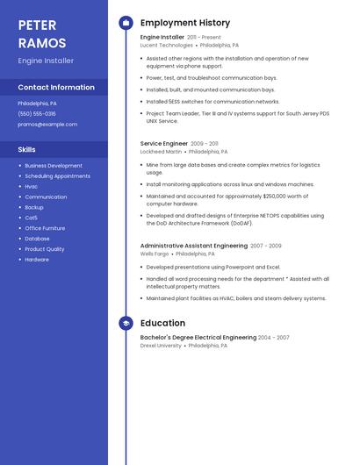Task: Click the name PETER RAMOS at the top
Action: pyautogui.click(x=42, y=33)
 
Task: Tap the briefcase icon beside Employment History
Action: pyautogui.click(x=126, y=23)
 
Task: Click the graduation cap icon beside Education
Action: pyautogui.click(x=126, y=323)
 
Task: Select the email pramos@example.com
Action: pyautogui.click(x=47, y=125)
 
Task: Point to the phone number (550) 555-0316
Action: pyautogui.click(x=37, y=114)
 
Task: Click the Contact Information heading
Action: pyautogui.click(x=56, y=87)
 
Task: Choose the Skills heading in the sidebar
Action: pyautogui.click(x=27, y=149)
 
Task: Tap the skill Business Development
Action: pyautogui.click(x=54, y=166)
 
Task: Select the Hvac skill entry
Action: pyautogui.click(x=32, y=187)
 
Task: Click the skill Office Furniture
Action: pyautogui.click(x=46, y=228)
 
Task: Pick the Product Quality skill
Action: pyautogui.click(x=45, y=249)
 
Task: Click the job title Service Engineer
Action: pyautogui.click(x=164, y=143)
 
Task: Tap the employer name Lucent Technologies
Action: pyautogui.click(x=167, y=45)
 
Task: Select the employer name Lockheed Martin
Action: pyautogui.click(x=162, y=152)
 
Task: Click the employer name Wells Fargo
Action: pyautogui.click(x=154, y=254)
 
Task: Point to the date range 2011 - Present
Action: pyautogui.click(x=205, y=38)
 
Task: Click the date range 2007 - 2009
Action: pyautogui.click(x=266, y=246)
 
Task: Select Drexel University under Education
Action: pyautogui.click(x=161, y=346)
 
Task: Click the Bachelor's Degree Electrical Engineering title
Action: pyautogui.click(x=198, y=337)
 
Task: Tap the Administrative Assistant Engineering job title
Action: pyautogui.click(x=194, y=246)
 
